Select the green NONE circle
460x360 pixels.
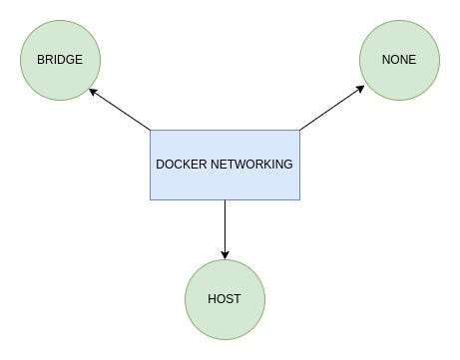[398, 60]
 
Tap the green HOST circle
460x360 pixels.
[225, 299]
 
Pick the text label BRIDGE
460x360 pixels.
[60, 60]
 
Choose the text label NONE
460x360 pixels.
[398, 60]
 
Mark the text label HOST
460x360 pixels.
[225, 299]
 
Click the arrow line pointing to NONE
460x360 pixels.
[331, 109]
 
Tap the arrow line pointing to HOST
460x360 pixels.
[225, 227]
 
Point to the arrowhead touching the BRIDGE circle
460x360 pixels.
[92, 91]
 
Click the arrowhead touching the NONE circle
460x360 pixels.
[362, 89]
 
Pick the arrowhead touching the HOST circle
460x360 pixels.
[225, 254]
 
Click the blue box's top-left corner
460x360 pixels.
[151, 130]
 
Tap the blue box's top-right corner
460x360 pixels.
[299, 130]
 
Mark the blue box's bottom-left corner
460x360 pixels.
[151, 199]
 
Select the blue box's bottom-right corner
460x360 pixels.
[299, 199]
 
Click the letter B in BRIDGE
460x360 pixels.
[41, 60]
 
